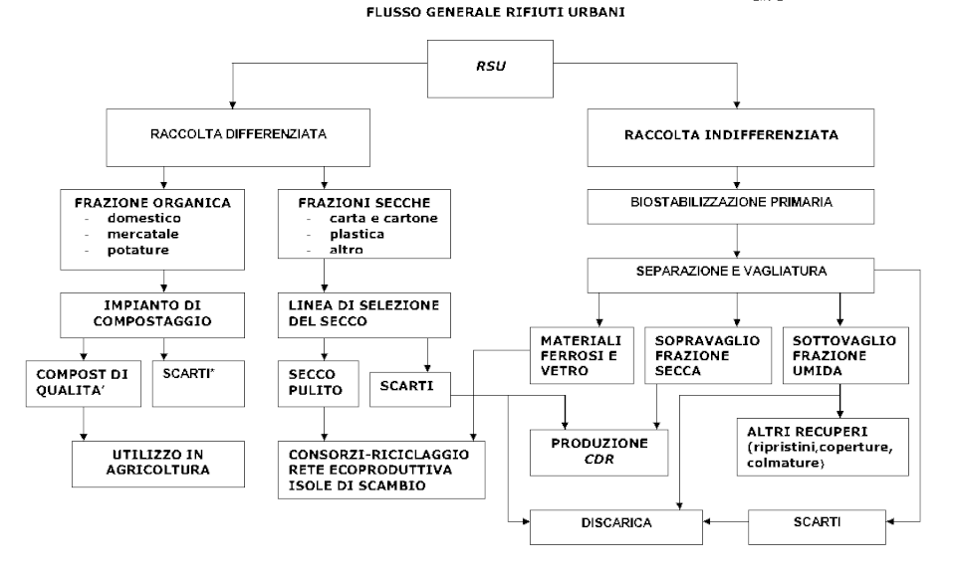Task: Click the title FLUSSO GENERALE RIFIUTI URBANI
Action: (478, 13)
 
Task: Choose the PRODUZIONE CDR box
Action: (598, 449)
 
